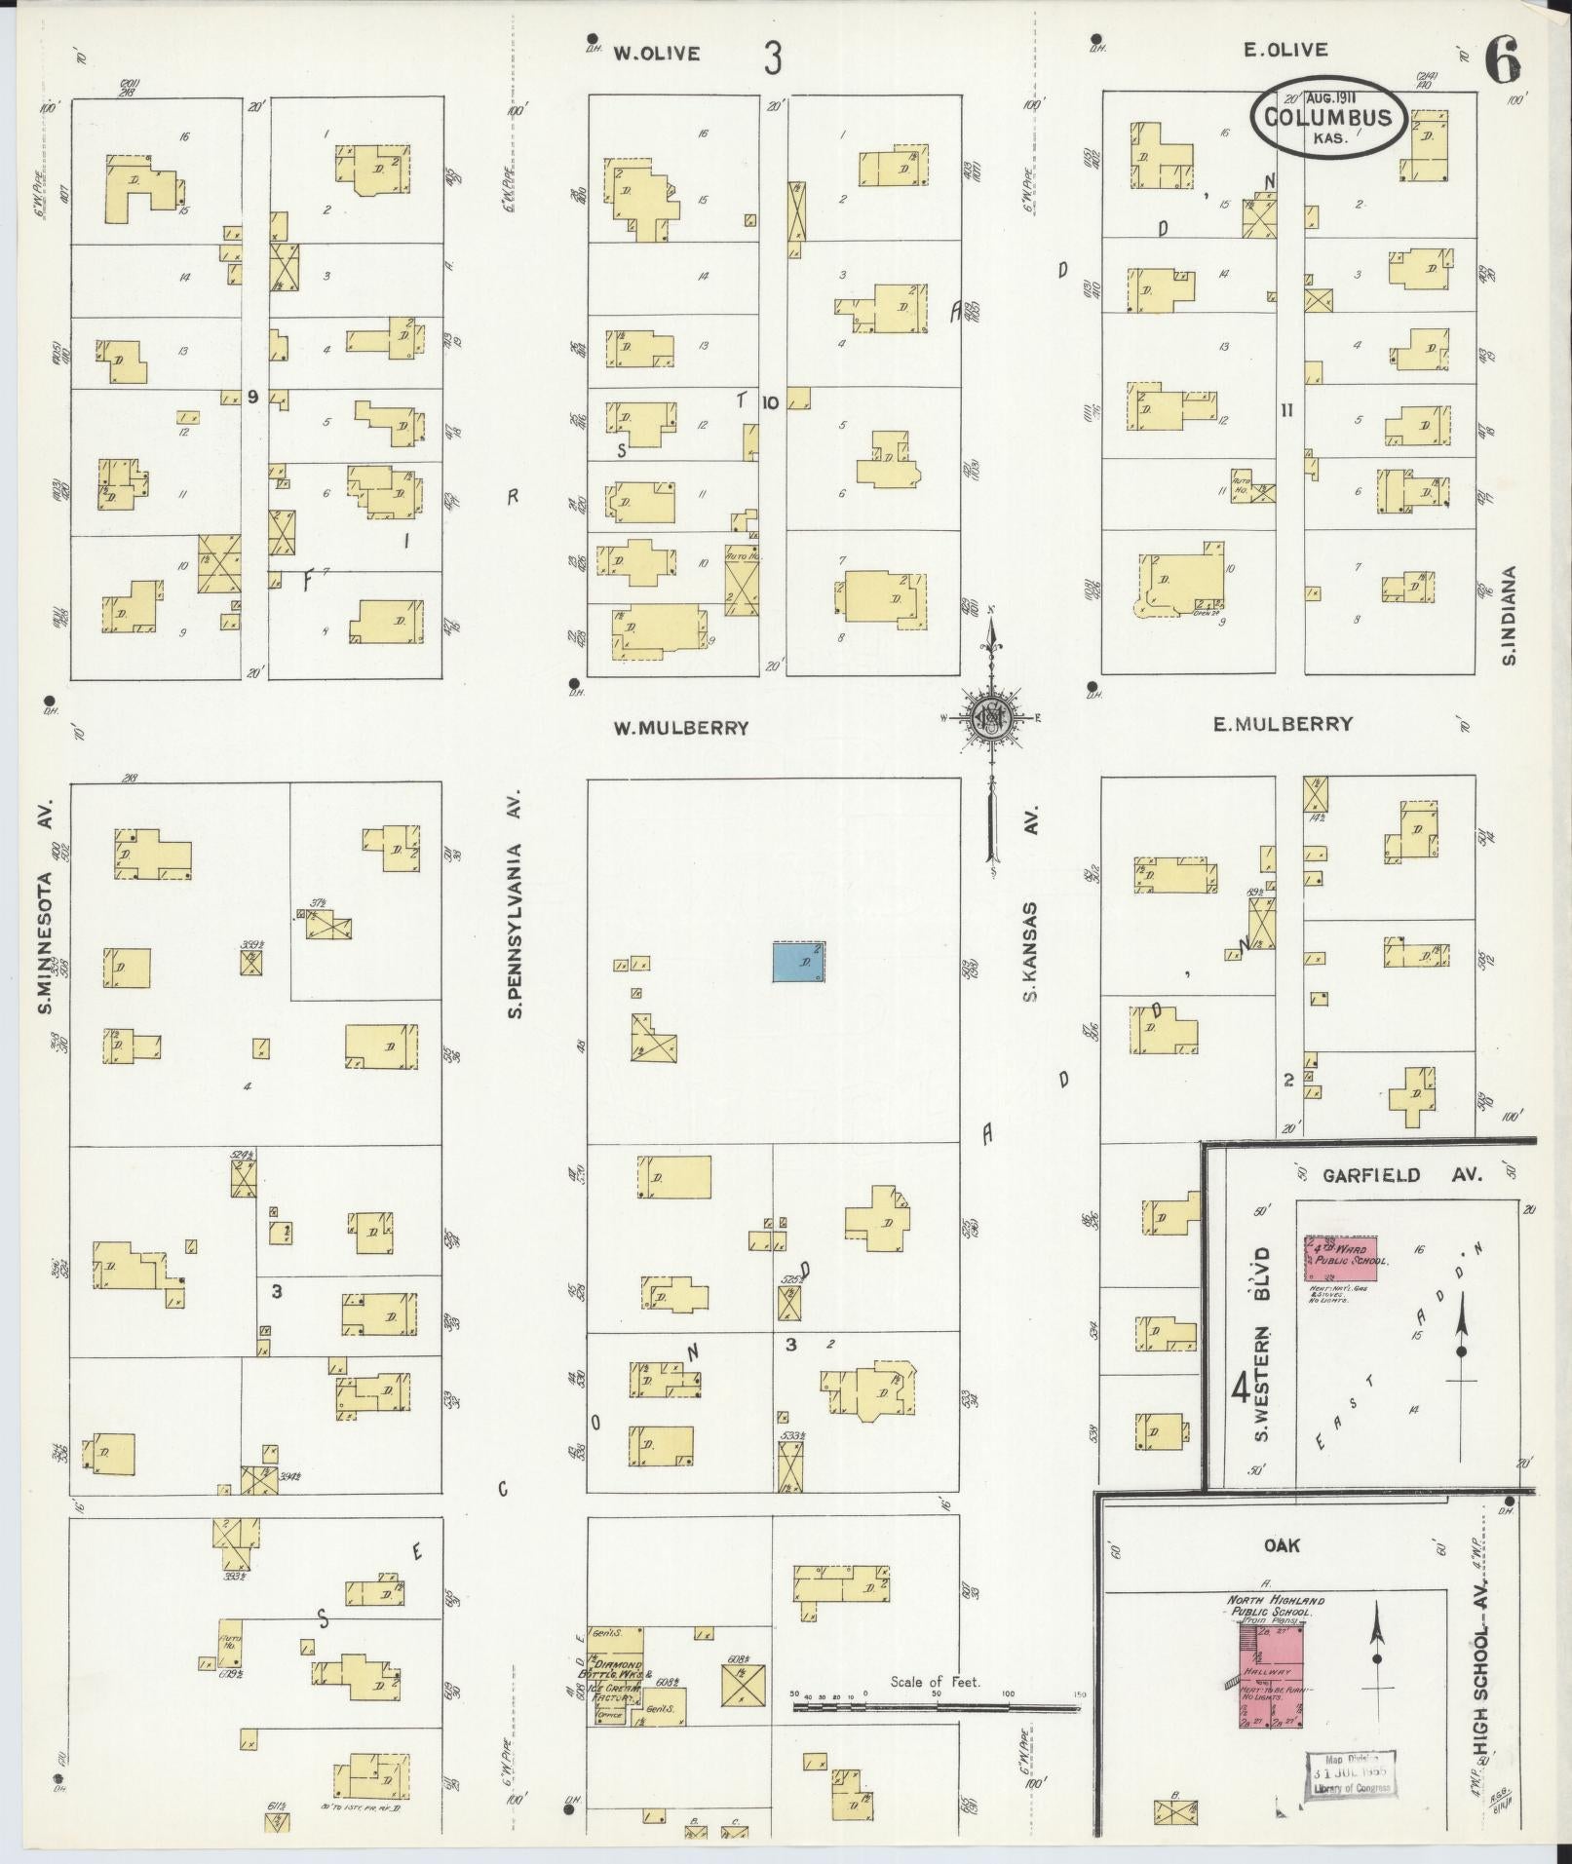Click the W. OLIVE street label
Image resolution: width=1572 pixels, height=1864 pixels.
tap(656, 54)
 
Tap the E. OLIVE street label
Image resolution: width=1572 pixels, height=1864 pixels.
tap(1285, 51)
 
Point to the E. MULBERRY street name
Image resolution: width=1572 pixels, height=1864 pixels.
tap(1283, 723)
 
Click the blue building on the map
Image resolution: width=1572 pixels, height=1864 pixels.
tap(800, 962)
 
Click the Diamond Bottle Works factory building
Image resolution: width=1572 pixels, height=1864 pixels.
tap(615, 1675)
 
